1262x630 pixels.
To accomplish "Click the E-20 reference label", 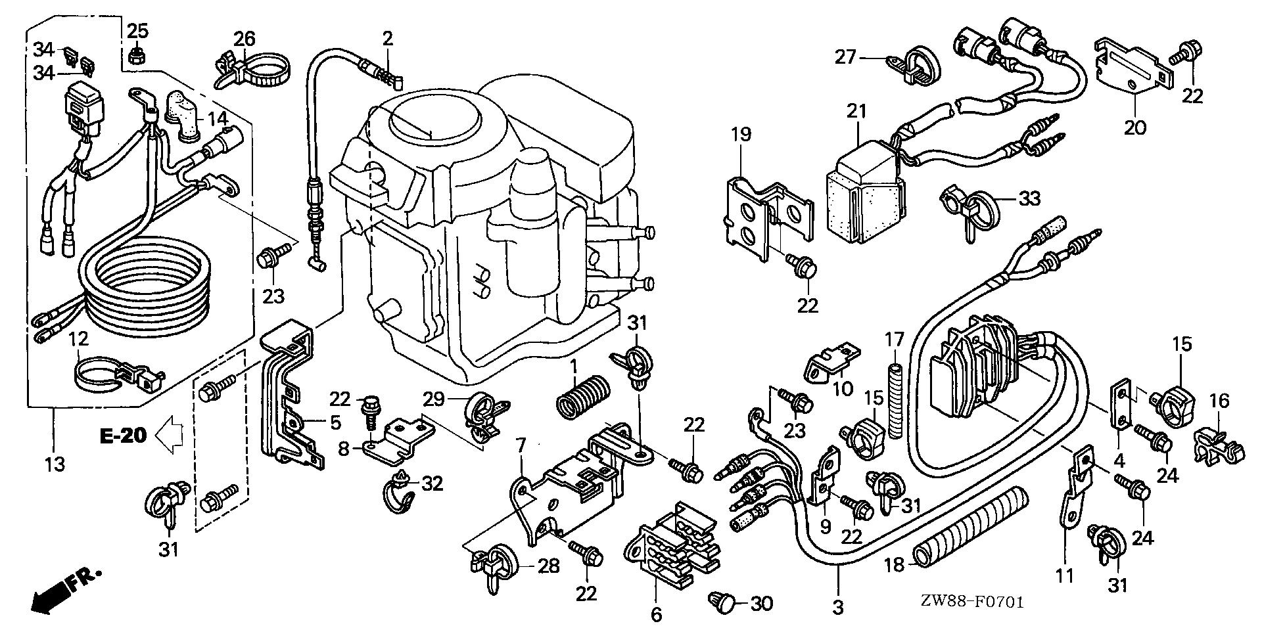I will (123, 436).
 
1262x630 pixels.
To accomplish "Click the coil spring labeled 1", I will (584, 403).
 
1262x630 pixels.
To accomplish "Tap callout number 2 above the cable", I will (388, 39).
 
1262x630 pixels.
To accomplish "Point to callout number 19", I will (740, 136).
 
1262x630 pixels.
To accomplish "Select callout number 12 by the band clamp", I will (78, 340).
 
